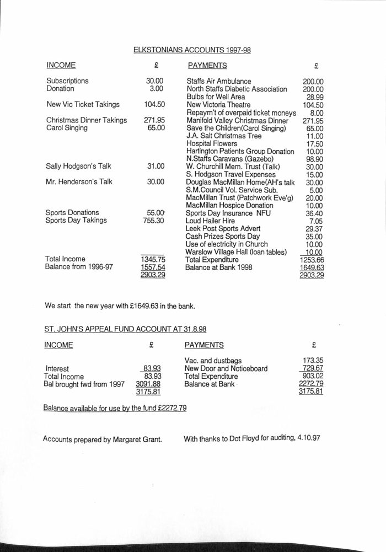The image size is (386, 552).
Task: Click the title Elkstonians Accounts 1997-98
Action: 192,50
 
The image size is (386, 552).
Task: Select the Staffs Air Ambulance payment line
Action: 219,81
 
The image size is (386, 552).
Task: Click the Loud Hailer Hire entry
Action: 206,221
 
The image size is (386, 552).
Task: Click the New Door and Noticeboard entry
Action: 226,368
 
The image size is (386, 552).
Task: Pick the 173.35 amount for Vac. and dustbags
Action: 310,360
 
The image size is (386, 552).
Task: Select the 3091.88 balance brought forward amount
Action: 148,384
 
